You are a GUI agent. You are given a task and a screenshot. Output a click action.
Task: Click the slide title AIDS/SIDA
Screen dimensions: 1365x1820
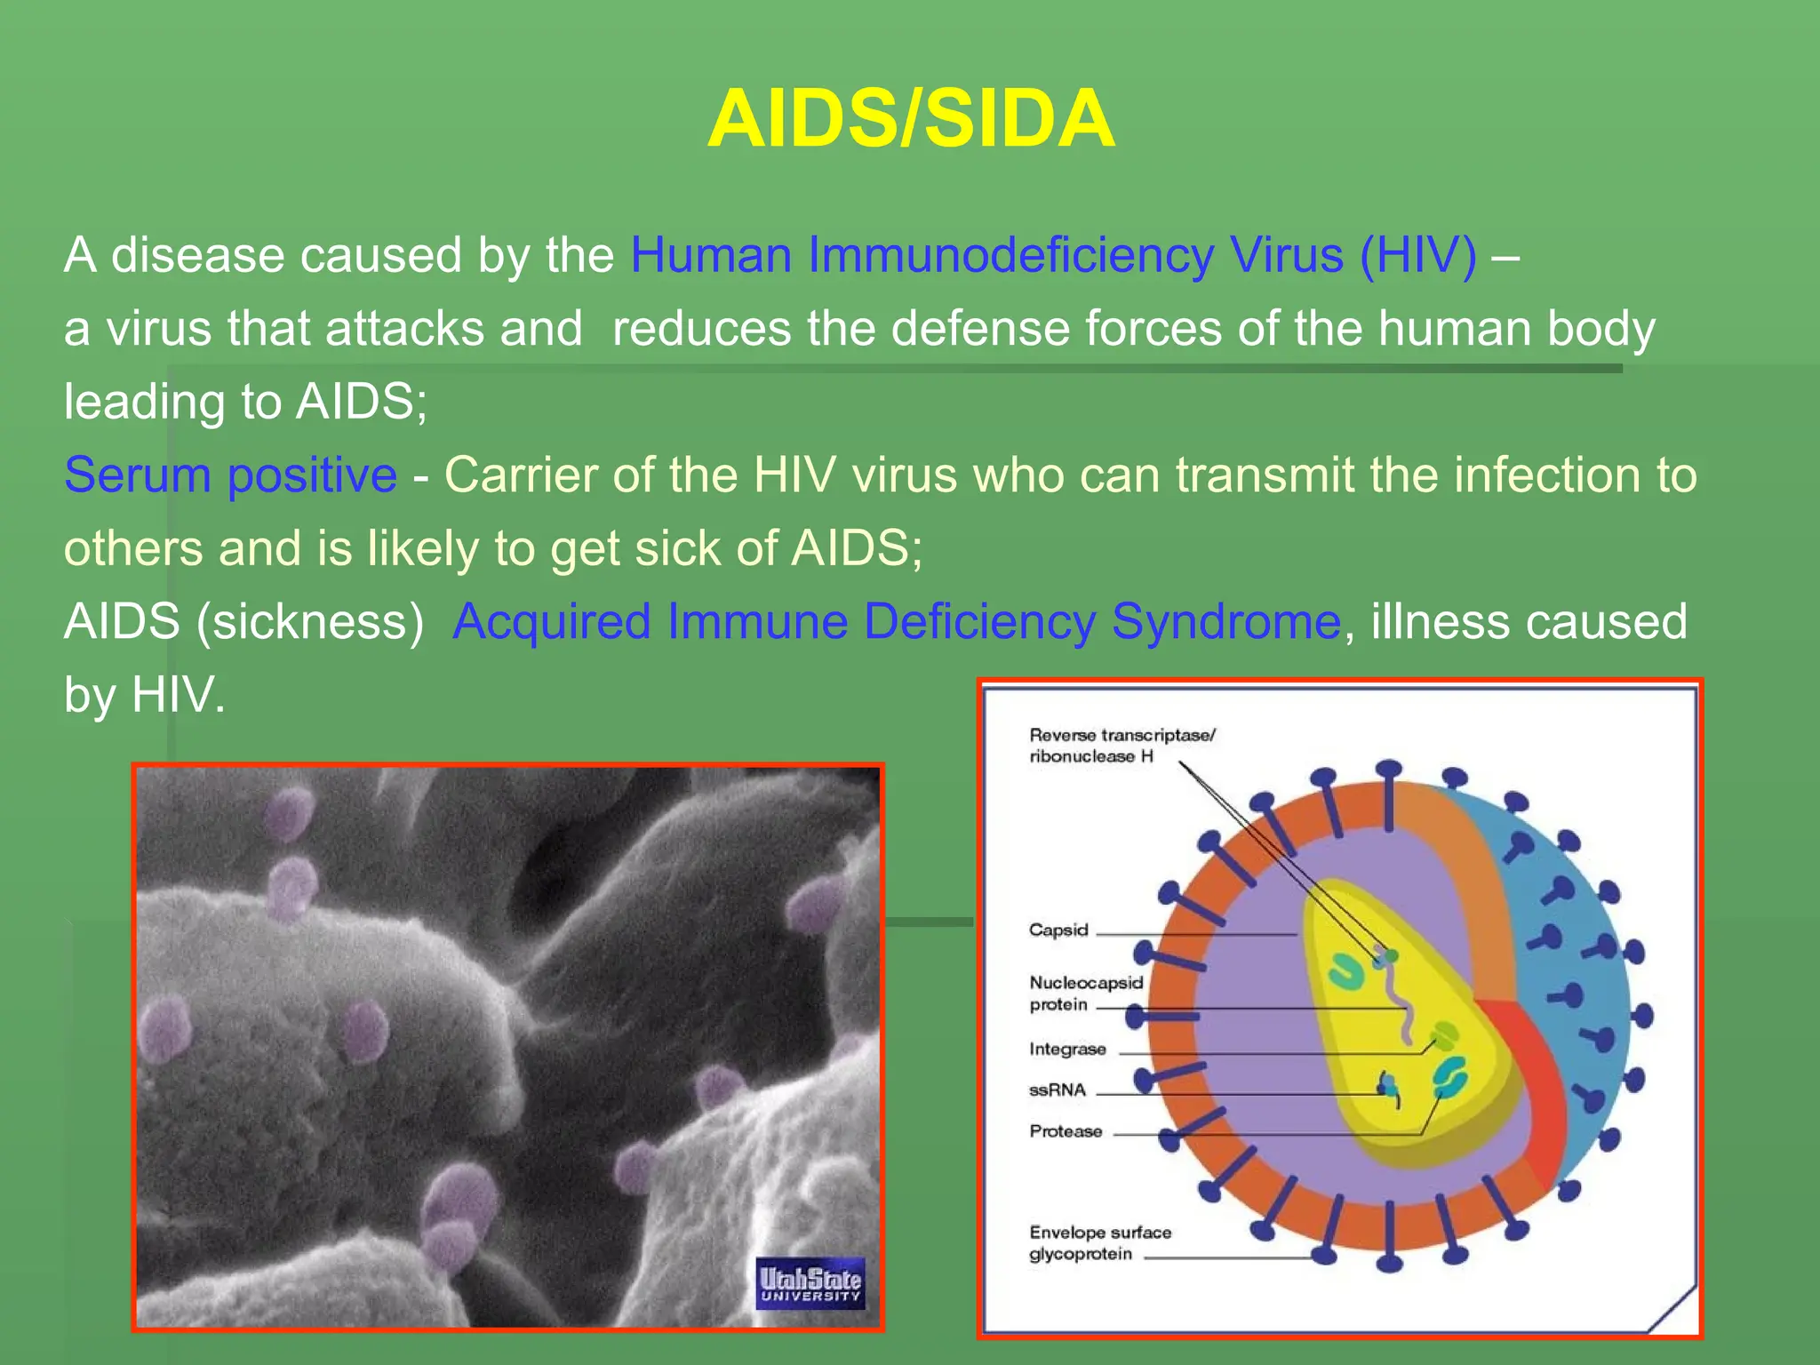pos(910,119)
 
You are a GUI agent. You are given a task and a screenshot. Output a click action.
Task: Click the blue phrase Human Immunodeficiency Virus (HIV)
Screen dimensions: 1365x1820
pos(1053,256)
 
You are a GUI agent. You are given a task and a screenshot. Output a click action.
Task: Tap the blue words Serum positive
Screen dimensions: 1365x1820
pos(230,475)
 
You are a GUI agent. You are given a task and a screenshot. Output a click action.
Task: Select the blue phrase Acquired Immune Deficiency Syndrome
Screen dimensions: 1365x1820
pos(896,621)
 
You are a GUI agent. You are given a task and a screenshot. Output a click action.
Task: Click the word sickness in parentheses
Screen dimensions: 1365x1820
pos(310,621)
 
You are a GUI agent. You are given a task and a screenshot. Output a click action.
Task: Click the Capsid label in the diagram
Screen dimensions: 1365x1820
pos(1058,930)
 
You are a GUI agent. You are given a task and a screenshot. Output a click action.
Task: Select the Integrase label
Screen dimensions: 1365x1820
pos(1067,1050)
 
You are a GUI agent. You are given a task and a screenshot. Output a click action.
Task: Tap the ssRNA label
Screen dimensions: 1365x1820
pos(1057,1090)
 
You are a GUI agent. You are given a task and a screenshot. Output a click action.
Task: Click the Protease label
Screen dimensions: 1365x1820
pos(1065,1131)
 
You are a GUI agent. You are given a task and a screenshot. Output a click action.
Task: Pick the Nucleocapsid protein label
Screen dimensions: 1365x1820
pos(1085,994)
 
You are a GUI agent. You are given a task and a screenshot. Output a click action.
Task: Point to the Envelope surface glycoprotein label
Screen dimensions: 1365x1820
pos(1099,1243)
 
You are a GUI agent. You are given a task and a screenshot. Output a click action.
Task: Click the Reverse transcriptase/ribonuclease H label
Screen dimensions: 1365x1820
pos(1121,746)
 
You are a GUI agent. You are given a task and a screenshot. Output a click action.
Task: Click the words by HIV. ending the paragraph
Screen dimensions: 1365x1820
pos(145,695)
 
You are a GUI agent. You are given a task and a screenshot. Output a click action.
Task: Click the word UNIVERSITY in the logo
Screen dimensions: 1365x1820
pos(810,1297)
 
